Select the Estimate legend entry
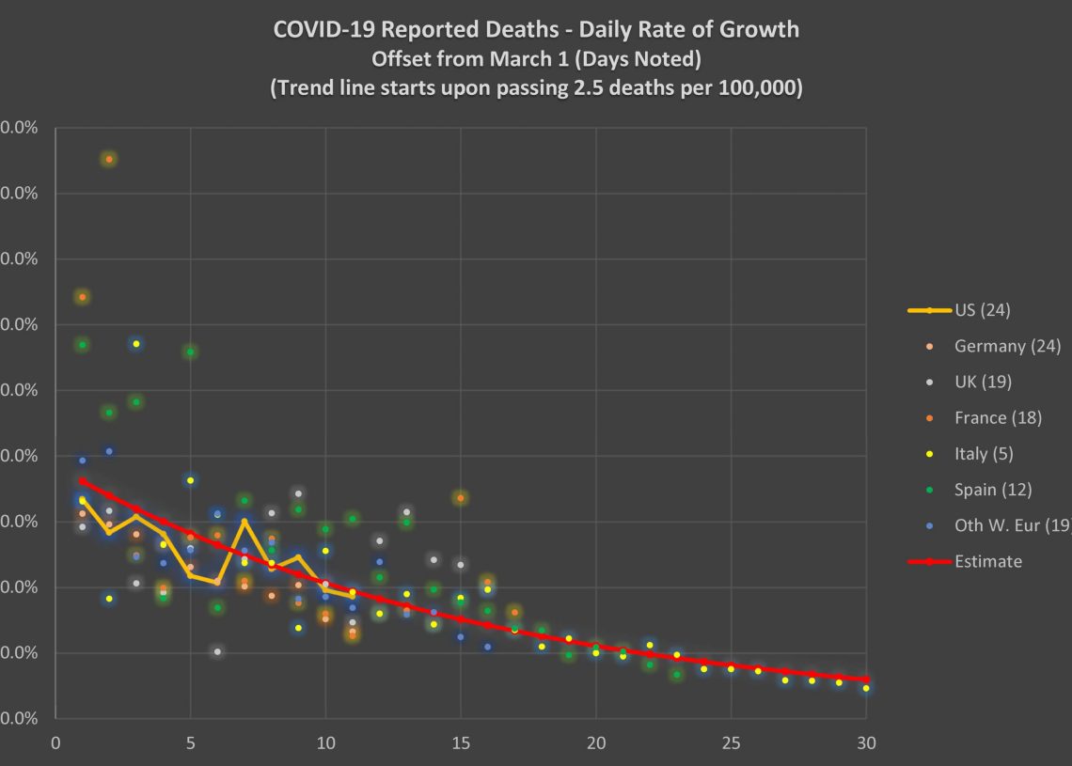tap(987, 561)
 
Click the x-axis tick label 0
tap(55, 743)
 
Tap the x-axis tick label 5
tap(191, 743)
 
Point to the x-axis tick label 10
tap(325, 743)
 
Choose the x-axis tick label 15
tap(461, 743)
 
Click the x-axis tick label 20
tap(595, 743)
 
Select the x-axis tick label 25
tap(731, 743)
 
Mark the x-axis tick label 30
tap(866, 743)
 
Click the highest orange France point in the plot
tap(109, 159)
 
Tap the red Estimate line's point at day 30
tap(866, 679)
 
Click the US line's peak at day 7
tap(244, 522)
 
